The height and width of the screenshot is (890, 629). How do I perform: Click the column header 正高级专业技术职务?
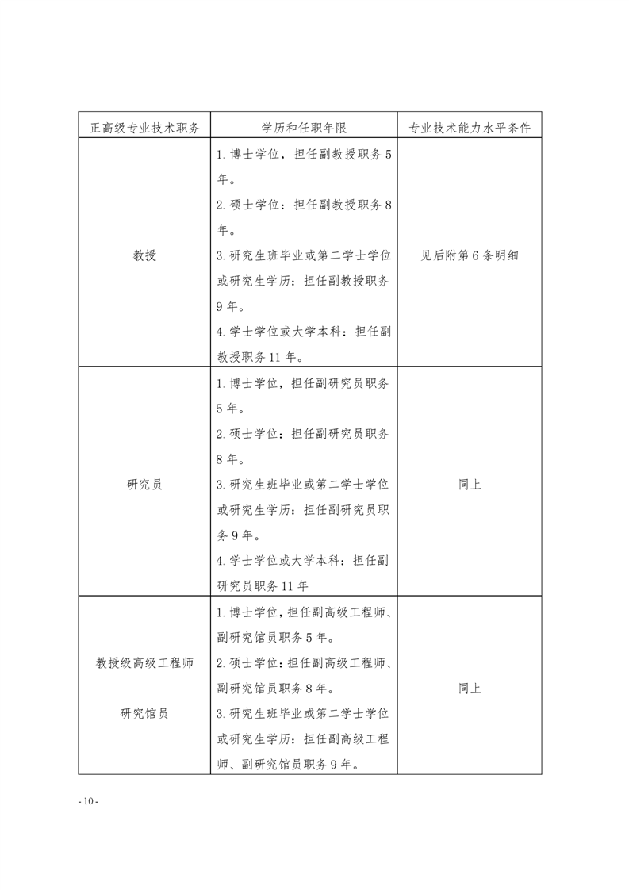tap(144, 127)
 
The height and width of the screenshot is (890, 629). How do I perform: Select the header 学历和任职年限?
tap(304, 127)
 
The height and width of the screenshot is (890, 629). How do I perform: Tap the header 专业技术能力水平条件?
tap(469, 127)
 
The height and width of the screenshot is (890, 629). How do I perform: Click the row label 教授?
tap(144, 255)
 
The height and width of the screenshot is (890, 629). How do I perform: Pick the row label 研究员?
tap(144, 485)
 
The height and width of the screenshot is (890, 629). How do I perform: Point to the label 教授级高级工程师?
tap(144, 662)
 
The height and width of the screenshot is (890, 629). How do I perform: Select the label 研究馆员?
tap(144, 713)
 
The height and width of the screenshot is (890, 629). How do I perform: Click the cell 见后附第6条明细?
tap(469, 255)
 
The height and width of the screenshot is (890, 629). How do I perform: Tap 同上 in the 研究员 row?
tap(469, 485)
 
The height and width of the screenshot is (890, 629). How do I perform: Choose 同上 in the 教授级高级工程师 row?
tap(469, 688)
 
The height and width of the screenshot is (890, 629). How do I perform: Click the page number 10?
tap(88, 801)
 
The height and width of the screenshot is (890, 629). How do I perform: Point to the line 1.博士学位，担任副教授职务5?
tap(304, 154)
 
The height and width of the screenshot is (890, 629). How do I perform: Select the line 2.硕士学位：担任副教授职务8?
tap(304, 205)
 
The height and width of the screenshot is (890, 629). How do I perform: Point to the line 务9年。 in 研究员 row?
tap(239, 535)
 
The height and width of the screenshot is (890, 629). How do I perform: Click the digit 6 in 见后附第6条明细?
tap(466, 255)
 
